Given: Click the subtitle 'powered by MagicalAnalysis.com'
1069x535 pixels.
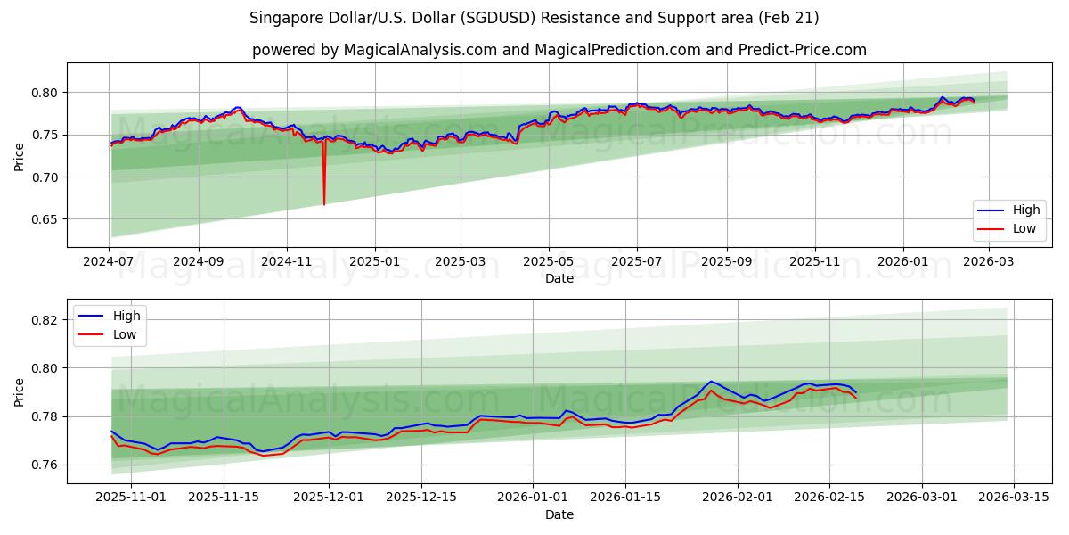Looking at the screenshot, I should (x=559, y=50).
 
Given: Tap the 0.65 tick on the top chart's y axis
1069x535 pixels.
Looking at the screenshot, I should (x=45, y=219).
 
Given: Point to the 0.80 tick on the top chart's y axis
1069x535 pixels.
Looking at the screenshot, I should (x=45, y=93).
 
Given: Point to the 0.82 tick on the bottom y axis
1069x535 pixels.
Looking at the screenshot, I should (x=45, y=320).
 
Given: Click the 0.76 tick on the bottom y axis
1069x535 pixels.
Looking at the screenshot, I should (x=45, y=465).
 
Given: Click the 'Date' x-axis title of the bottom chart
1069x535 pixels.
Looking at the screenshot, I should (x=559, y=514).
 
